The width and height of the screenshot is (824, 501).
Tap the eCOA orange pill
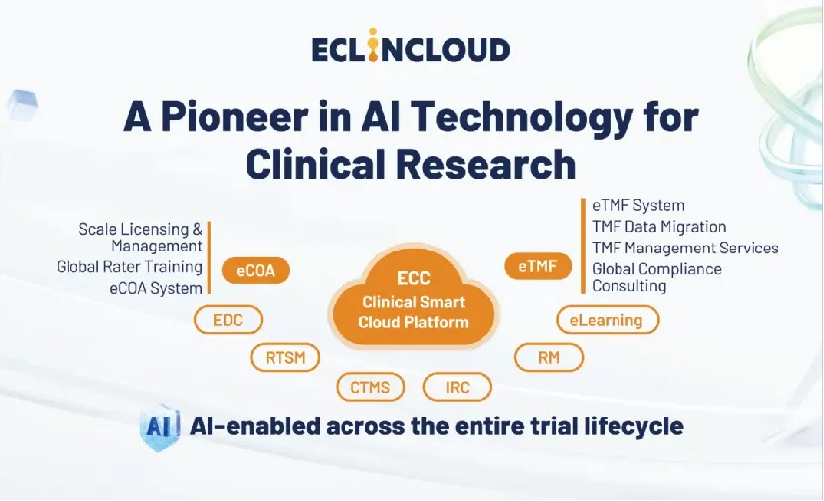(x=256, y=271)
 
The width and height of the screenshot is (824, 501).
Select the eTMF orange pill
(x=538, y=266)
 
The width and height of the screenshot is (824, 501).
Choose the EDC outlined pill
(x=228, y=319)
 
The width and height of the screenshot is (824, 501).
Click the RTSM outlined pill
(x=285, y=357)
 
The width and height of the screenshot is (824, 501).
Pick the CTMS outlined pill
(x=370, y=387)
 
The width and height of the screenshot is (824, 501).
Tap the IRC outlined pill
(x=458, y=387)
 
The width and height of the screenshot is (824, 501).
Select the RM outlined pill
(x=549, y=357)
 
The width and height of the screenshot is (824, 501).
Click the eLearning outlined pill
(x=608, y=319)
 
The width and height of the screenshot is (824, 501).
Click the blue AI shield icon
(x=159, y=426)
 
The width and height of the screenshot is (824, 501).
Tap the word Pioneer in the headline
(x=235, y=117)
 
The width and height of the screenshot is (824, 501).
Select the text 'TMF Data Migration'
(x=659, y=227)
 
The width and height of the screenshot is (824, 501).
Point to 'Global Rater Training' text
(x=129, y=266)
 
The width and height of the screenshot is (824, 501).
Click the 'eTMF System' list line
(x=638, y=205)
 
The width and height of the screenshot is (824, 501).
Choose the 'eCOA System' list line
(x=156, y=288)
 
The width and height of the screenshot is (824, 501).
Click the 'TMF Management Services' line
(x=685, y=248)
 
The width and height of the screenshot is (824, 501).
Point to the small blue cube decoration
(x=22, y=105)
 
